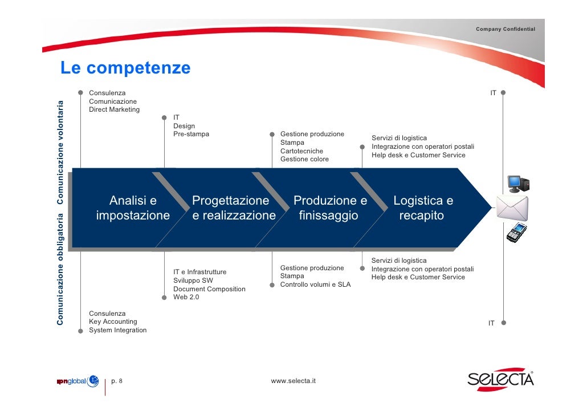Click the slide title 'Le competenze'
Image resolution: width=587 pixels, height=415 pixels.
(125, 68)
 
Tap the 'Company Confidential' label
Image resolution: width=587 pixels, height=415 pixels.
(506, 29)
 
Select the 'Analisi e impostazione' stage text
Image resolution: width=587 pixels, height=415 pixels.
(133, 208)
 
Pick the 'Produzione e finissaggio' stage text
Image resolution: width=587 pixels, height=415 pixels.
(330, 208)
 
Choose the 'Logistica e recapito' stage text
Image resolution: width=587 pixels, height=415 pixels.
(423, 208)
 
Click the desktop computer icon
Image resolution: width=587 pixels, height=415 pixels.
(517, 183)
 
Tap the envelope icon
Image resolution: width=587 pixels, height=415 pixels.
(512, 207)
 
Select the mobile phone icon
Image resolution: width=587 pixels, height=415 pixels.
(516, 232)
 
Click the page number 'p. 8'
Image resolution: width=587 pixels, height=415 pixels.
(120, 381)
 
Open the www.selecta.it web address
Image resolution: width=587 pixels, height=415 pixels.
(293, 381)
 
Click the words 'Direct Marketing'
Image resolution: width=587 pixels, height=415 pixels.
(114, 109)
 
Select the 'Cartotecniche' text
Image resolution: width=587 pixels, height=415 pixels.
(301, 151)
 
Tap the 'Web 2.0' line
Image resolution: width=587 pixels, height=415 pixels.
(186, 297)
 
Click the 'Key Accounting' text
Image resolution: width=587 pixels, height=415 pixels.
(113, 322)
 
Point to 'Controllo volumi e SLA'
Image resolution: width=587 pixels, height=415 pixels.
(315, 284)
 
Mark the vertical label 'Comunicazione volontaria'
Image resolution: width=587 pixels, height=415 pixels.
(60, 151)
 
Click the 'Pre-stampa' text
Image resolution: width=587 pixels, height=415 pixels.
(191, 135)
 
